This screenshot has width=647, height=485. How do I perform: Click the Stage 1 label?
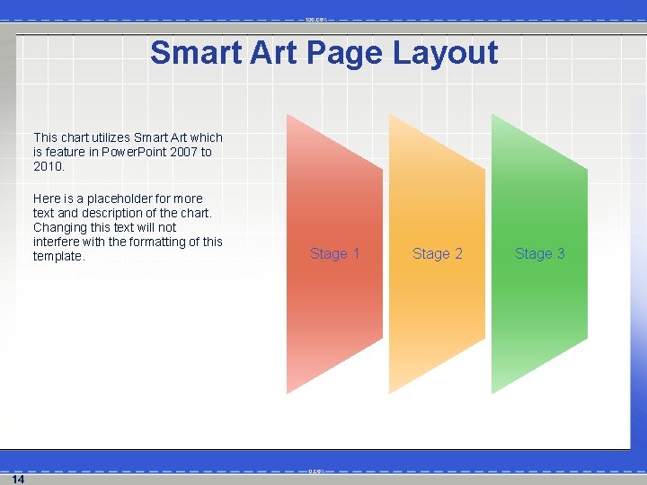coord(334,254)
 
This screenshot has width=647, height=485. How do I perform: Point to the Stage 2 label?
coord(437,254)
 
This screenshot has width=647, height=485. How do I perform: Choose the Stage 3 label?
coord(539,254)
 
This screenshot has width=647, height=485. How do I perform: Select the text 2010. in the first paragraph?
coord(49,166)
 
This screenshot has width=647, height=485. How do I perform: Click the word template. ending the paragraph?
coord(59,256)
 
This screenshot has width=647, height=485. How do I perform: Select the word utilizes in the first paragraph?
coord(111,137)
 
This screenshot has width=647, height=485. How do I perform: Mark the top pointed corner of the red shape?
coord(288,115)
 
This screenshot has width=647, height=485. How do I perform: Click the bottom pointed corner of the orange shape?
coord(390,392)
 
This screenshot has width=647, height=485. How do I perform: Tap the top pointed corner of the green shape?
coord(492,115)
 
